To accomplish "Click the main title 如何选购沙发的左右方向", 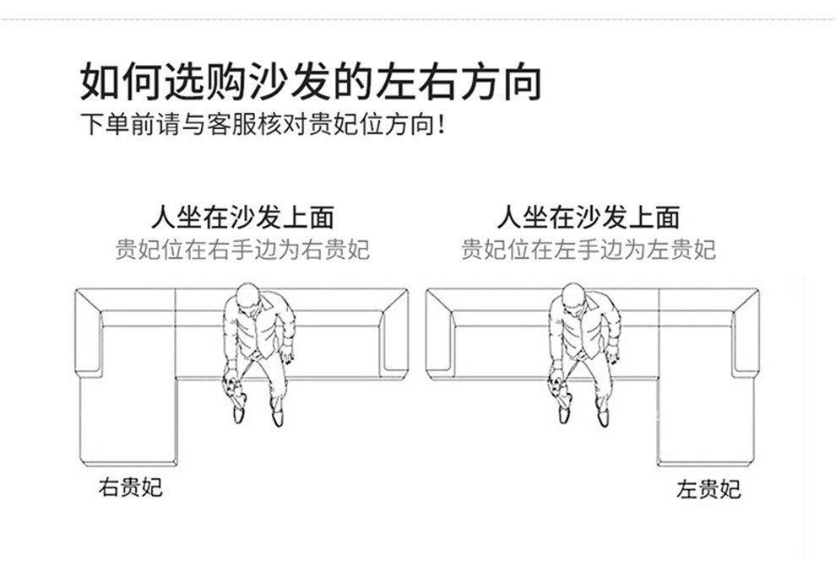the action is pyautogui.click(x=311, y=82).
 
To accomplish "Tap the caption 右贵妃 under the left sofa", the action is pyautogui.click(x=130, y=487).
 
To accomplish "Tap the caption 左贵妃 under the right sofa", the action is pyautogui.click(x=708, y=489).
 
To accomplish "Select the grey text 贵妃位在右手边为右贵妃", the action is pyautogui.click(x=242, y=250).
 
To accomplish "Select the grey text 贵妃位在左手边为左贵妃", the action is pyautogui.click(x=588, y=250).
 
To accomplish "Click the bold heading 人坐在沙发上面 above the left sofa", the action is pyautogui.click(x=243, y=218).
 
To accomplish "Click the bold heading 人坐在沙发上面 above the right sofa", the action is pyautogui.click(x=589, y=218).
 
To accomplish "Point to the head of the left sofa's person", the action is pyautogui.click(x=247, y=296).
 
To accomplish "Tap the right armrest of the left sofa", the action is pyautogui.click(x=394, y=333).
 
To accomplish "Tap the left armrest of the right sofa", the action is pyautogui.click(x=440, y=333).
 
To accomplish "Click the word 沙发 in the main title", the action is pyautogui.click(x=290, y=82).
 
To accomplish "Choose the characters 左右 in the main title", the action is pyautogui.click(x=417, y=82).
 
